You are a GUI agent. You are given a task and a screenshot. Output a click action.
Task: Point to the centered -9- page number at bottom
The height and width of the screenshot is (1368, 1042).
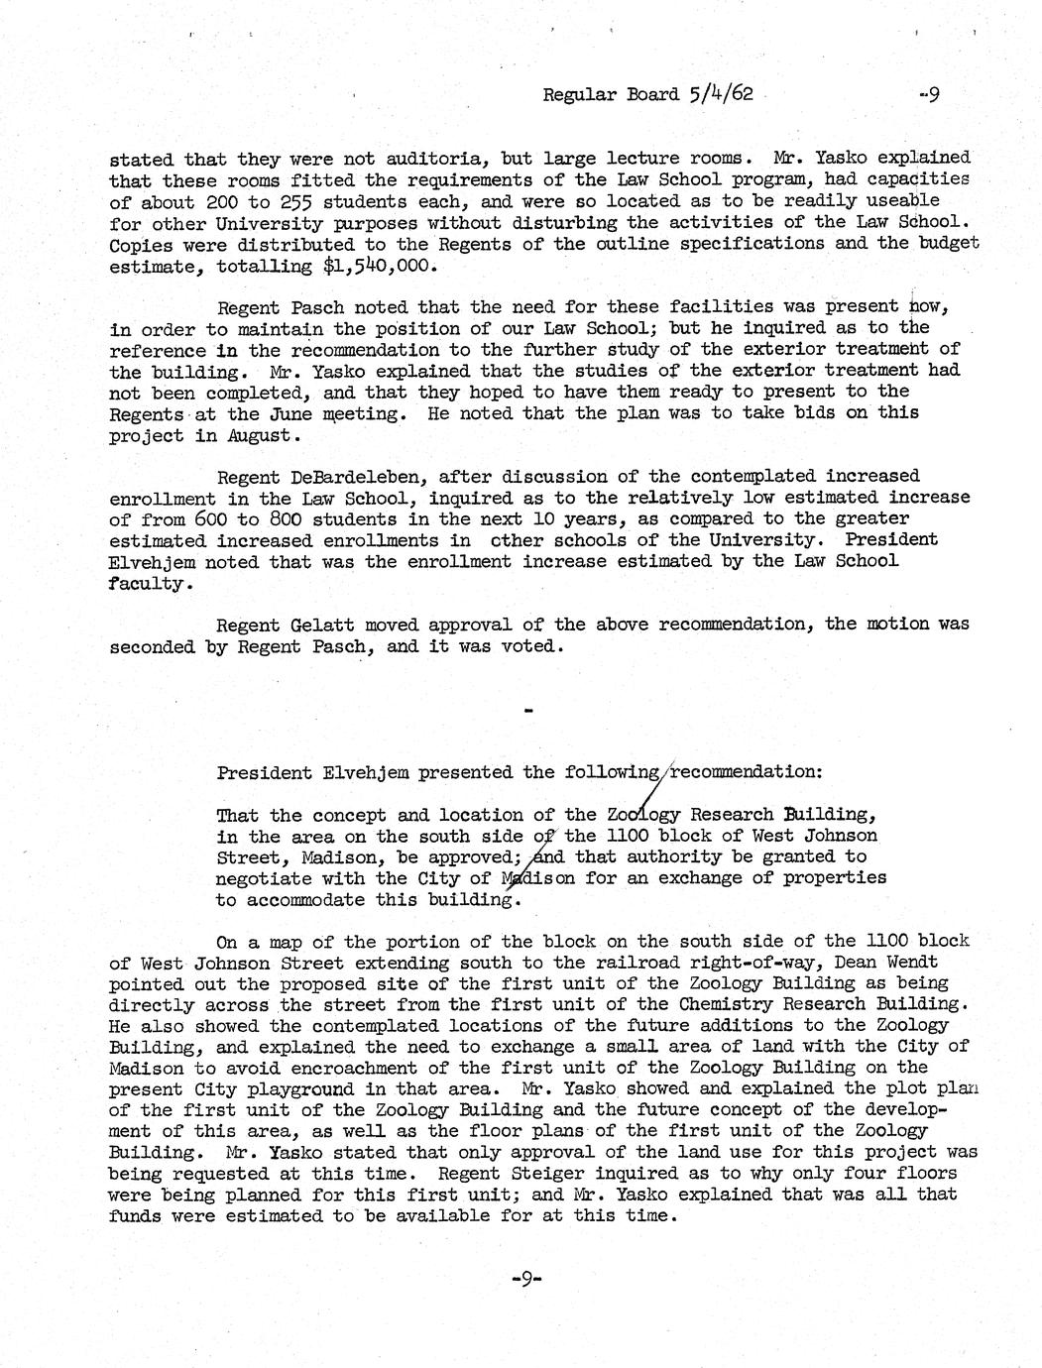(524, 1279)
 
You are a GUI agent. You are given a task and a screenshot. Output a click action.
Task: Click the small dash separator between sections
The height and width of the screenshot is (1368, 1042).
(526, 710)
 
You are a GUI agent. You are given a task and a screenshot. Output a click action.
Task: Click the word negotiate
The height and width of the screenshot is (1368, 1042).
(261, 878)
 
